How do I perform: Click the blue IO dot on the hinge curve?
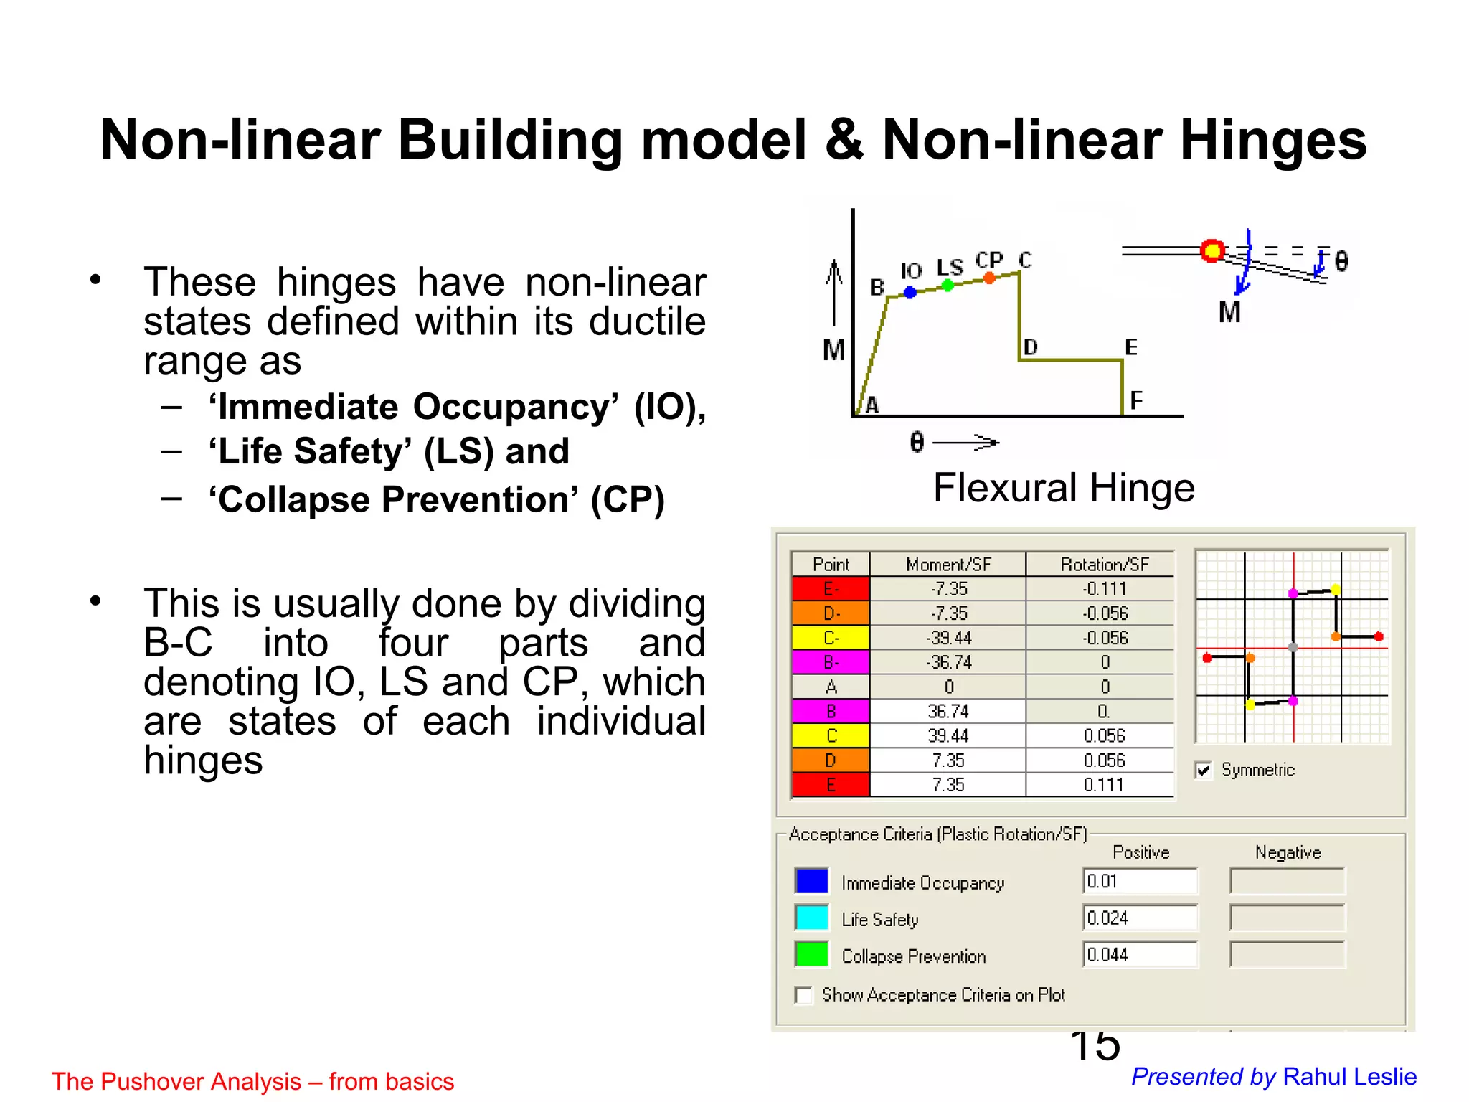pos(910,292)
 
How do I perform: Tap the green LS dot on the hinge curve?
pos(948,286)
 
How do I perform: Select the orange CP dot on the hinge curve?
pos(989,278)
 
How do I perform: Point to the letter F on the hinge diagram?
pos(1135,400)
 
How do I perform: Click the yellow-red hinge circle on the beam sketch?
pos(1212,250)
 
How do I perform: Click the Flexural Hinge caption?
pos(1064,488)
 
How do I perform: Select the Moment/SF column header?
pos(948,565)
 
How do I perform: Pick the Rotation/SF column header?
pos(1104,565)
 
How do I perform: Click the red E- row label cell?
pos(831,589)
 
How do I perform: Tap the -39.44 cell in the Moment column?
pos(948,638)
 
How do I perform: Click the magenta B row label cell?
pos(831,711)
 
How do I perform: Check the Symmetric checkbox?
pos(1203,771)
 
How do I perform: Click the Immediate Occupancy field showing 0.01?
pos(1140,881)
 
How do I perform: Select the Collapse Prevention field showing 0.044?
pos(1140,955)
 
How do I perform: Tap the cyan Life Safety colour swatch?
pos(811,918)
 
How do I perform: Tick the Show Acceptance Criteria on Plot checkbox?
pos(804,995)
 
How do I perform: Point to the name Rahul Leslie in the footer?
pos(1349,1076)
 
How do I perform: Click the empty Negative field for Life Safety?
pos(1287,918)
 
